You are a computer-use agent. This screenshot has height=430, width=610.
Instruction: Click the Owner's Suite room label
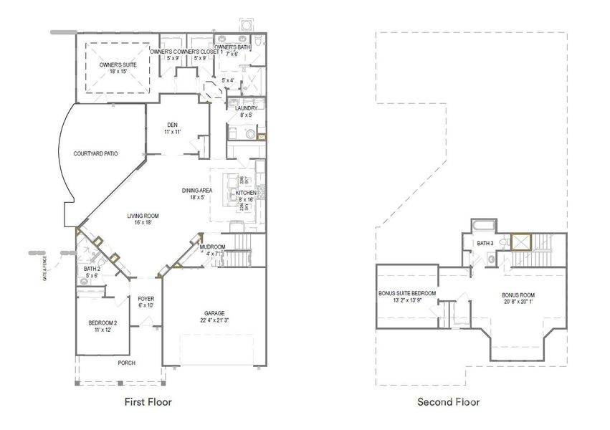point(113,64)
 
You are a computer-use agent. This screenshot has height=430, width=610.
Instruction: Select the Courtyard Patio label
point(95,153)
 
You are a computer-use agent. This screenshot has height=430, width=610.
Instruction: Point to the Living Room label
point(143,216)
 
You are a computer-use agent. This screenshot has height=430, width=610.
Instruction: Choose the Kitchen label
point(246,193)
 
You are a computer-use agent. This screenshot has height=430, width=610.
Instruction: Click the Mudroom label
point(213,247)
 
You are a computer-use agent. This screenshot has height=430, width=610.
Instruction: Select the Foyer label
point(146,299)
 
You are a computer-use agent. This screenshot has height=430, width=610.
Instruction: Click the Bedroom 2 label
point(103,322)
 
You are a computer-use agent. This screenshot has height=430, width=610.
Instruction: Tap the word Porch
point(127,363)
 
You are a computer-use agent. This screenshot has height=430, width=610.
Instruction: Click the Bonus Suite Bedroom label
point(407,293)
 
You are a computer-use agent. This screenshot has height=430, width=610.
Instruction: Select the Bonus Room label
point(518,295)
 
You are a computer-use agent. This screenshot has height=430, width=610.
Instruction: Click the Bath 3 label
point(485,244)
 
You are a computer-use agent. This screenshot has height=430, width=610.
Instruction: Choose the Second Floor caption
point(449,402)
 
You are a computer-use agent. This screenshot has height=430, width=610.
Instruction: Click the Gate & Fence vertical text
point(44,266)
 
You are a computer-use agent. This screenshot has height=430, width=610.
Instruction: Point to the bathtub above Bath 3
point(483,225)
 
